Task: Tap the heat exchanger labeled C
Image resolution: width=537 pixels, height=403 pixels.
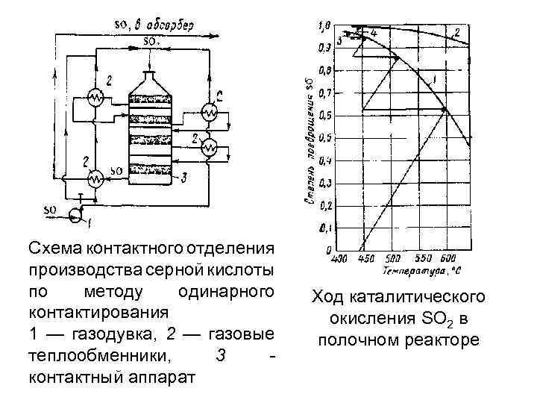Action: (211, 112)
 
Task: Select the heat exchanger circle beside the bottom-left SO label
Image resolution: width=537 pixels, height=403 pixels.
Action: (95, 179)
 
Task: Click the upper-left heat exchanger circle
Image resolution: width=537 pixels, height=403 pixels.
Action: (95, 97)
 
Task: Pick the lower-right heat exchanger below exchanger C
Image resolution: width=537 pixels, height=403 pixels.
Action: (211, 148)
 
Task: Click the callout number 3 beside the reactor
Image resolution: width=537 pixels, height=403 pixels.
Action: (184, 178)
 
